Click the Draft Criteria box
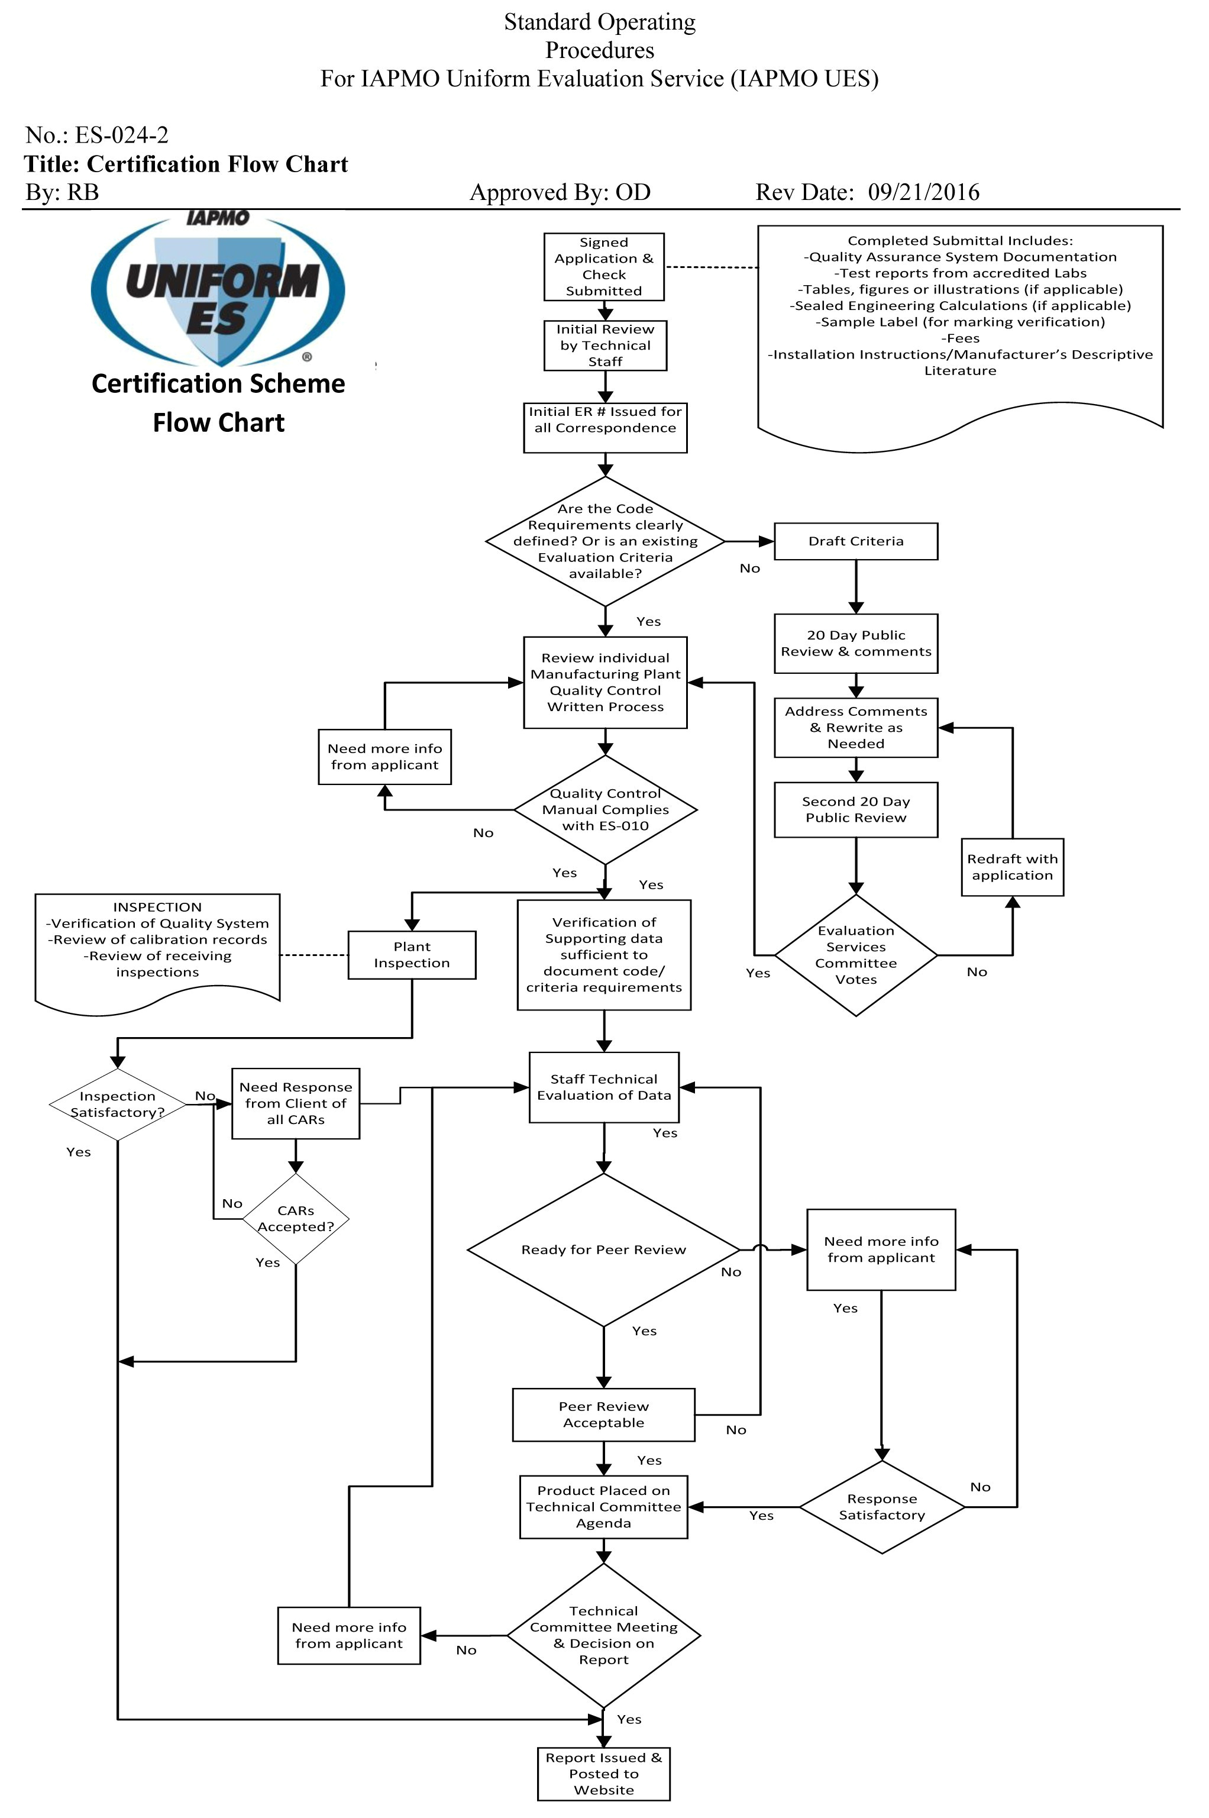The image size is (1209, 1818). [x=855, y=541]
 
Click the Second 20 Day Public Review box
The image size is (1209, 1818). [x=855, y=809]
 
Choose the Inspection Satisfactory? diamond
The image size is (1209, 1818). [x=117, y=1104]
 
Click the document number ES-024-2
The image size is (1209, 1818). [x=121, y=135]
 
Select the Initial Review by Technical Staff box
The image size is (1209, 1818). [x=604, y=345]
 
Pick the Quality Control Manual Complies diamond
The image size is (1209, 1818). [x=604, y=809]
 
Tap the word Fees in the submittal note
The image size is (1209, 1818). [x=960, y=338]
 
